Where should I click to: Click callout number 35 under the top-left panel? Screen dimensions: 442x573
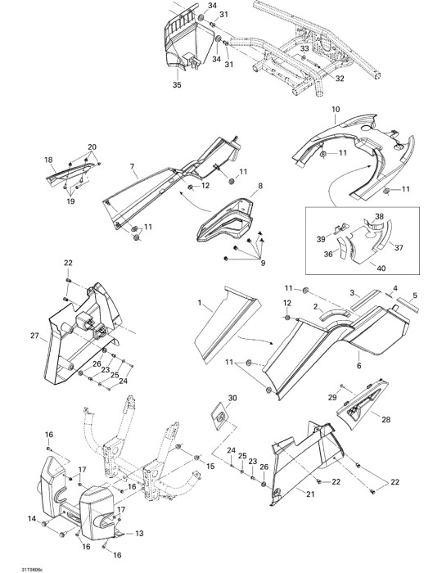coord(177,85)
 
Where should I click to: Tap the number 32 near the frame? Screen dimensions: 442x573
coord(340,79)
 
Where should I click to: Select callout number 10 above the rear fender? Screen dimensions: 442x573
coord(336,109)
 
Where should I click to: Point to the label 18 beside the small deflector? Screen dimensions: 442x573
coord(48,160)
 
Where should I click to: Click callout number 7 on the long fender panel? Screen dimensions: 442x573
coord(133,167)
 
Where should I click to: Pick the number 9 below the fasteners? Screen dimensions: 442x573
coord(263,263)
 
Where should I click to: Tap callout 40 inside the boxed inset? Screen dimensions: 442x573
coord(381,268)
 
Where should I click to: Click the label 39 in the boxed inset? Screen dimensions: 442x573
coord(321,239)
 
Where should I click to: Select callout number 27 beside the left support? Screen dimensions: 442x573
coord(34,336)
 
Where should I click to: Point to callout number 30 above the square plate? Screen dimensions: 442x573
coord(232,398)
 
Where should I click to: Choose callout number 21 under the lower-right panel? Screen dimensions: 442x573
coord(310,494)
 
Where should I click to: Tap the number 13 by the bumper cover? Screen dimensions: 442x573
coord(139,534)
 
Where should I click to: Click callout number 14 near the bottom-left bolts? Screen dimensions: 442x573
coord(32,518)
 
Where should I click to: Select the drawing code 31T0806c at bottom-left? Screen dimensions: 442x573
coord(29,570)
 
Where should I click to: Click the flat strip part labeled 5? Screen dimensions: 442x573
coord(408,304)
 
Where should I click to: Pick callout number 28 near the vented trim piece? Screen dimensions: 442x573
coord(386,419)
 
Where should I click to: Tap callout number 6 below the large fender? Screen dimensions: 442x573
coord(359,365)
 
